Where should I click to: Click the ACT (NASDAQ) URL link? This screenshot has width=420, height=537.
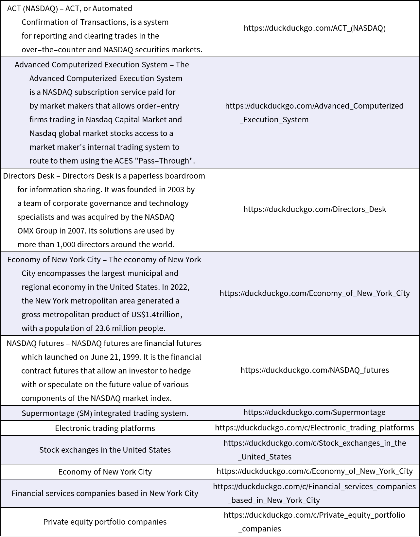314,28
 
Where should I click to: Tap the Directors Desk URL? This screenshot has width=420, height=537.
314,209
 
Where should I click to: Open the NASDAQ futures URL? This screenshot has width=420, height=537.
314,370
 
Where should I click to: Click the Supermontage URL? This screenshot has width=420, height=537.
314,412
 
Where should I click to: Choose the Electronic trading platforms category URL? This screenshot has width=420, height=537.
314,428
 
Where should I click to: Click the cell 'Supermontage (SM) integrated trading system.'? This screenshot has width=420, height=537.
105,413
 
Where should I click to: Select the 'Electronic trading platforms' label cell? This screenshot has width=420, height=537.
105,428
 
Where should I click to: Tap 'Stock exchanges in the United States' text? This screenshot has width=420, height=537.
105,450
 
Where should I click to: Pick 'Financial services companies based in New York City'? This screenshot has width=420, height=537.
105,494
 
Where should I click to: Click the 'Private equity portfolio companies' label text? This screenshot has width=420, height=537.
105,522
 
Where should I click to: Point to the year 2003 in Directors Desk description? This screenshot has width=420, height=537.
176,190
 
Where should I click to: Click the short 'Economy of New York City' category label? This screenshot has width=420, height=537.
105,472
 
